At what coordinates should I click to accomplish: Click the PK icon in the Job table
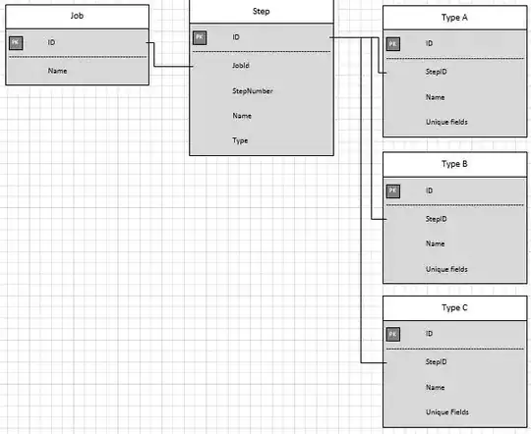[16, 43]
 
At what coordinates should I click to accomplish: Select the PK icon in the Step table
[199, 37]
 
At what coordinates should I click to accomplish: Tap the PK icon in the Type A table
[393, 44]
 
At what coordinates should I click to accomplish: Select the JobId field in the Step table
[241, 66]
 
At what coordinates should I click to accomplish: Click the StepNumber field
[253, 91]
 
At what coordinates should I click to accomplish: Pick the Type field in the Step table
[240, 141]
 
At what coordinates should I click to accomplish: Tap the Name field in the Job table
[57, 71]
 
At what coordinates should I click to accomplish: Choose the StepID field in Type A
[437, 72]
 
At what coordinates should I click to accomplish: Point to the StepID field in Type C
[437, 362]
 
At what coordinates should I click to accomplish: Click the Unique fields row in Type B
[446, 268]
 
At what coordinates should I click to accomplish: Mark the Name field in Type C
[436, 388]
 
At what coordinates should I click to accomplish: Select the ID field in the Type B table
[430, 190]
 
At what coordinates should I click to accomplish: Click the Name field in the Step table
[241, 116]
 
